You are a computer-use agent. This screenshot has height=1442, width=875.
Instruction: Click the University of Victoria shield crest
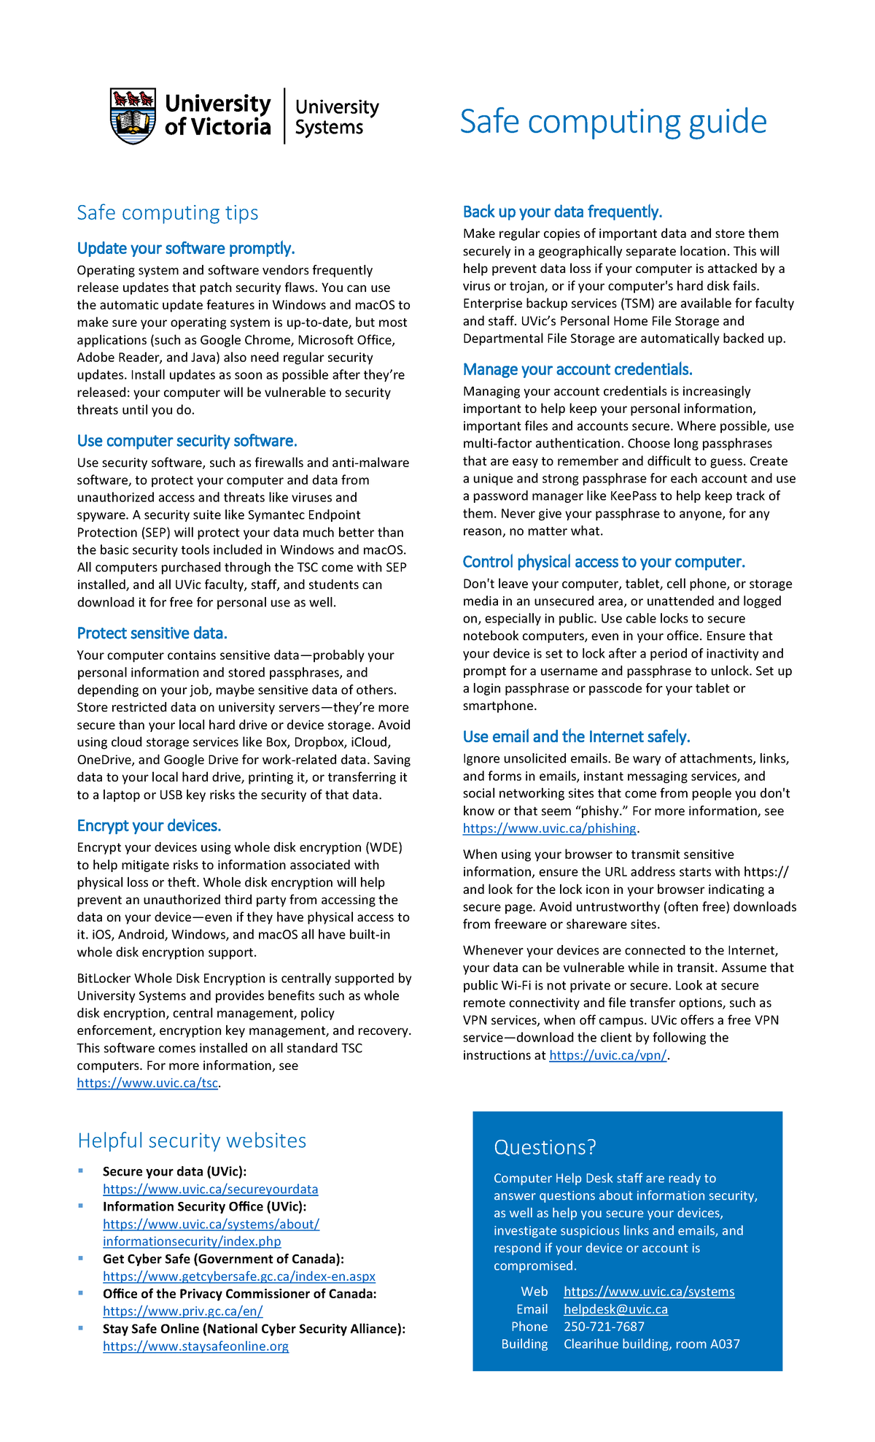(x=133, y=116)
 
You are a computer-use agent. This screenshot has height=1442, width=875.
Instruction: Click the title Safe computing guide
(x=612, y=121)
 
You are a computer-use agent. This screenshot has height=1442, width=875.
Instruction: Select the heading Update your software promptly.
(x=186, y=248)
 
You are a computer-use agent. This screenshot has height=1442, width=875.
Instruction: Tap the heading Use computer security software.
(x=187, y=441)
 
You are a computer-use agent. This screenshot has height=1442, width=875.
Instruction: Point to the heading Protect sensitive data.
(x=152, y=633)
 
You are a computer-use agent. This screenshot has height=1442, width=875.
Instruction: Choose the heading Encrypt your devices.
(x=149, y=825)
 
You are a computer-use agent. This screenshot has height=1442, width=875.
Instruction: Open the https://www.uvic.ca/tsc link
(x=147, y=1083)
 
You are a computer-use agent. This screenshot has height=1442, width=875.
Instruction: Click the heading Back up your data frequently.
(x=562, y=212)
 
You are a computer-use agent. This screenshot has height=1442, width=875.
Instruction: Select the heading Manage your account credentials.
(x=577, y=369)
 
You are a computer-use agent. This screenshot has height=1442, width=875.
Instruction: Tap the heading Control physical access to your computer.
(x=604, y=562)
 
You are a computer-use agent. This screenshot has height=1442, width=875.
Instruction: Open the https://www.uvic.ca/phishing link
(x=550, y=828)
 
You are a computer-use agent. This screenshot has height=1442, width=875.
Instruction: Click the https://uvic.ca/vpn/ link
(x=607, y=1055)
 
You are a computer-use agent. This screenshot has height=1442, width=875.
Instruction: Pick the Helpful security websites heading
(x=192, y=1141)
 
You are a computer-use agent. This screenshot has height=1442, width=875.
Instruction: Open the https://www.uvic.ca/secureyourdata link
(x=210, y=1189)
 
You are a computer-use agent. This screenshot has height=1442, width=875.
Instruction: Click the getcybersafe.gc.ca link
(x=239, y=1276)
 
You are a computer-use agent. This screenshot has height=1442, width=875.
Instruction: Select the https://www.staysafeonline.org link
(x=195, y=1346)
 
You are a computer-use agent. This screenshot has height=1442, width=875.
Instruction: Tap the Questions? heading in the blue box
(x=545, y=1147)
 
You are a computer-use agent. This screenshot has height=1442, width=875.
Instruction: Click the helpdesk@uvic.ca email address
(x=615, y=1309)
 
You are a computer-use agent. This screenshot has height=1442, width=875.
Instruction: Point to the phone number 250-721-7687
(x=604, y=1327)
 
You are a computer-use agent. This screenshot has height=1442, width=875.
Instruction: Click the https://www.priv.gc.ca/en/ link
(x=182, y=1311)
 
